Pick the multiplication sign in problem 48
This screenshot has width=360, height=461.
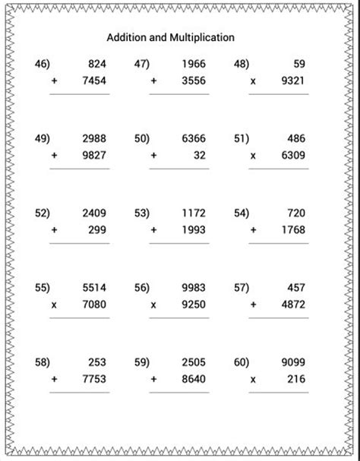click(254, 81)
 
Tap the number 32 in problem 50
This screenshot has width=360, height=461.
click(198, 156)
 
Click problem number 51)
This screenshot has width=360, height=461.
click(242, 139)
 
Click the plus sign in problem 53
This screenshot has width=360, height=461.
click(153, 230)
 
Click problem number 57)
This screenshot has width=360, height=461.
click(242, 288)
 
